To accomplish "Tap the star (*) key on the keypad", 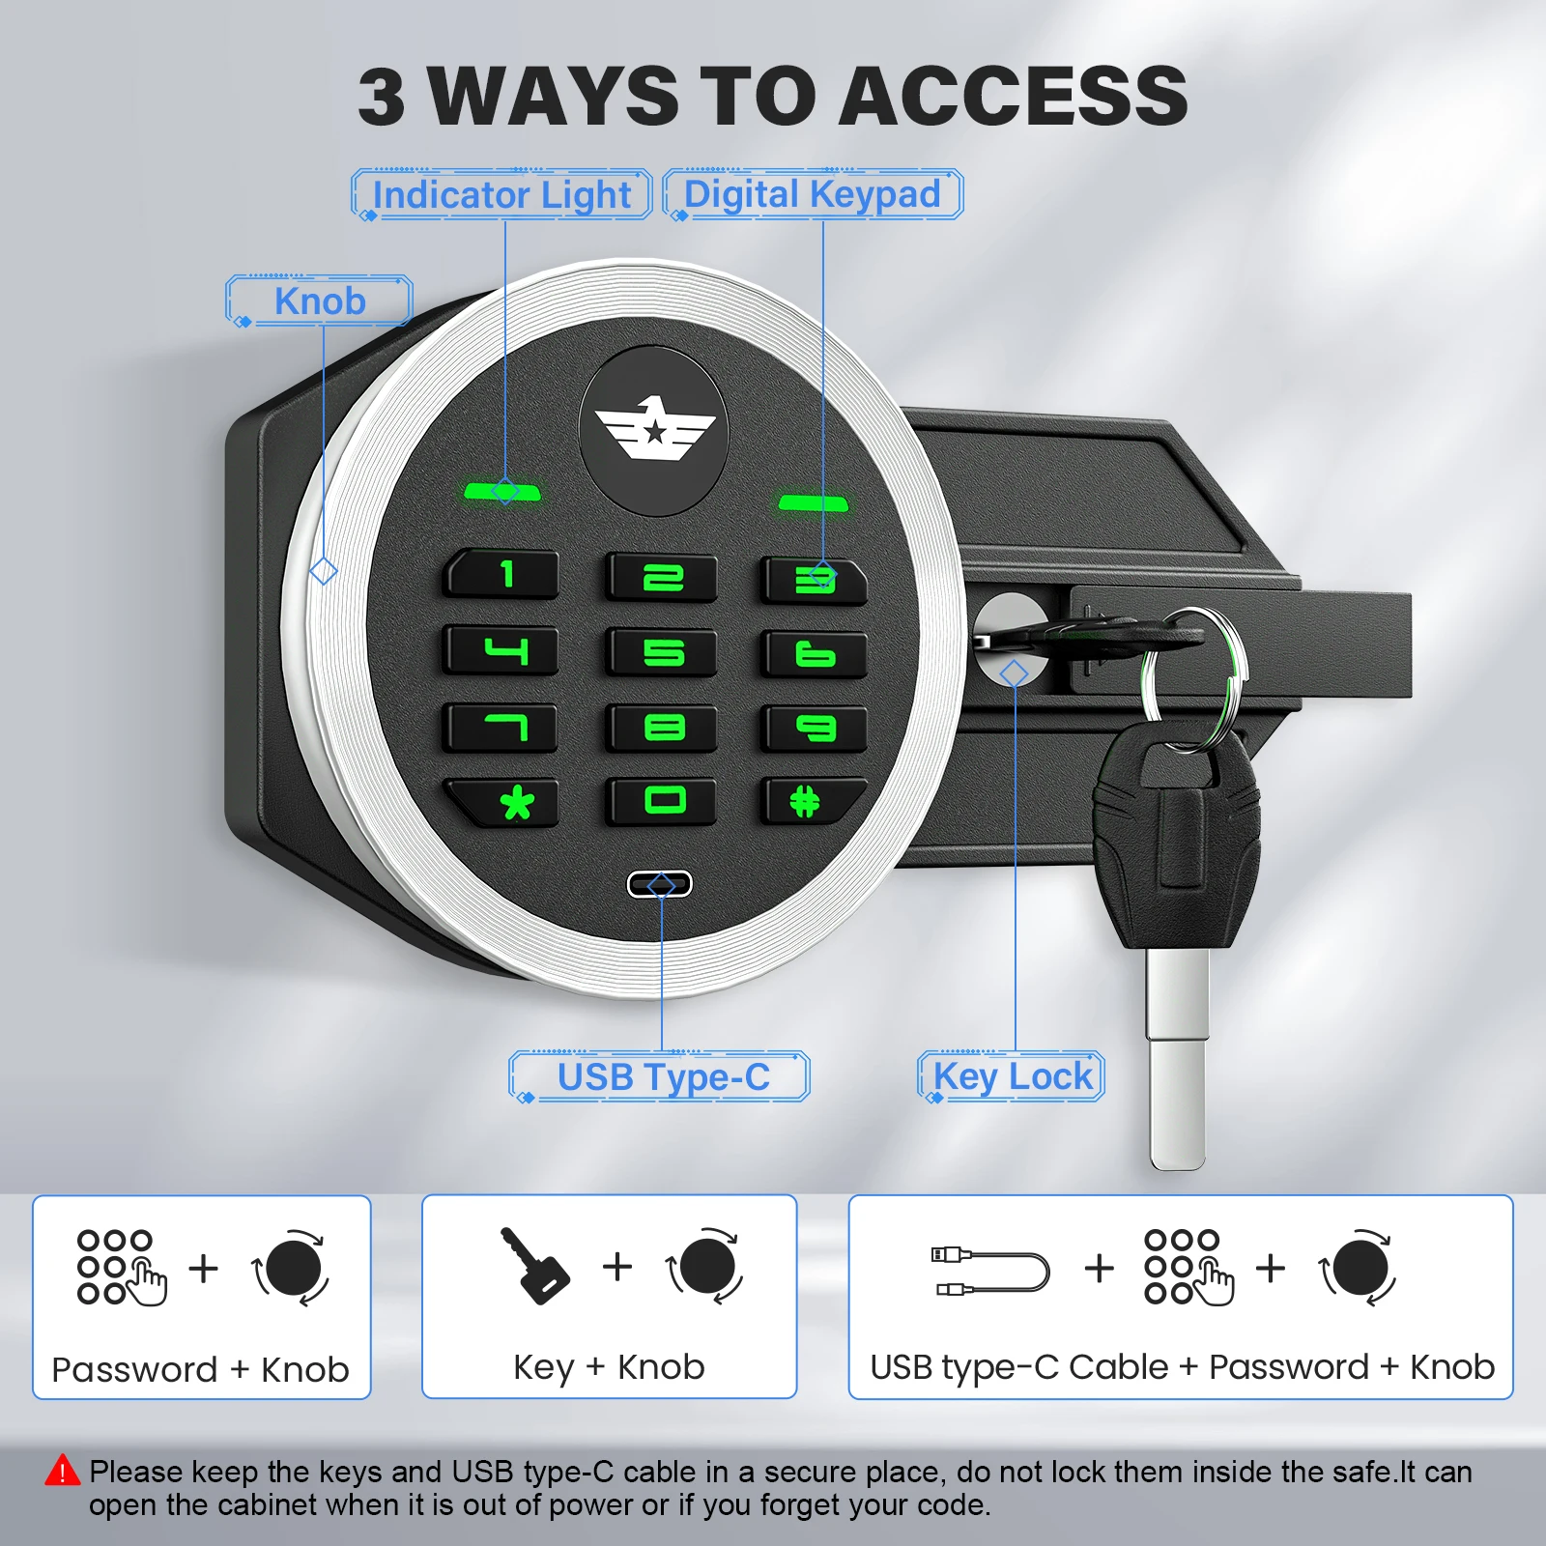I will point(504,802).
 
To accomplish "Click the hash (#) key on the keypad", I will point(810,801).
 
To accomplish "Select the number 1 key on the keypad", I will point(503,575).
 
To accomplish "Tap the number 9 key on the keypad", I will point(814,728).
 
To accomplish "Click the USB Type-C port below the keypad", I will point(660,884).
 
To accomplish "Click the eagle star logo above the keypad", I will point(654,431).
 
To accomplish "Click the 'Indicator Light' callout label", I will point(501,194).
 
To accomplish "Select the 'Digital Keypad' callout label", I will point(812,193).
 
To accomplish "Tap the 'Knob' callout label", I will point(320,301).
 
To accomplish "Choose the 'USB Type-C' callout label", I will point(663,1076).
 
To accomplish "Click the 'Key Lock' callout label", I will point(1012,1076).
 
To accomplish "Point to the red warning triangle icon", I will point(63,1471).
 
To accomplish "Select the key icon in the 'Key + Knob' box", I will point(534,1266).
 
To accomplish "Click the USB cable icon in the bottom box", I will point(989,1271).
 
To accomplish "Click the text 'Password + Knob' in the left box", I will point(200,1369).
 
